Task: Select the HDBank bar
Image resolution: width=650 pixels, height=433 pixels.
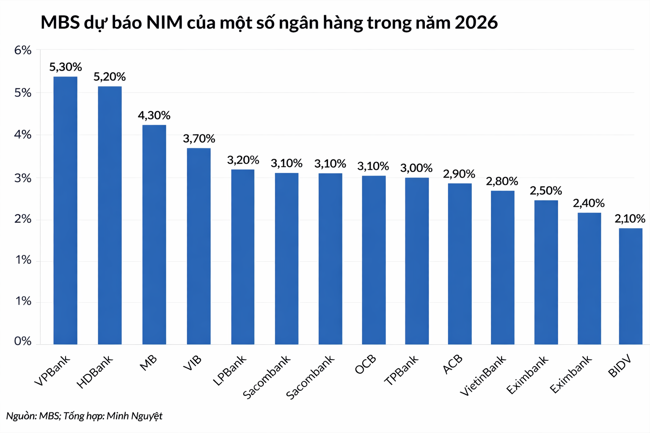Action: point(110,215)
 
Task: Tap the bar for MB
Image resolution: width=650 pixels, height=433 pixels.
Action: point(154,234)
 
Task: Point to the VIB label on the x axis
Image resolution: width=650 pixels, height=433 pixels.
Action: point(193,363)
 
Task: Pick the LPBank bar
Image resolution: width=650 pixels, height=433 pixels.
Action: point(242,257)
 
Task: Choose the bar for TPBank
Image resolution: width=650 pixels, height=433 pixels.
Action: point(417,261)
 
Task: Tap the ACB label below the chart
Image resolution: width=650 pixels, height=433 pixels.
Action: point(453,364)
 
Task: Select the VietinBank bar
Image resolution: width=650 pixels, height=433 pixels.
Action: point(503,267)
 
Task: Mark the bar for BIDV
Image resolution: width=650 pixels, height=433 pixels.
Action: point(631,286)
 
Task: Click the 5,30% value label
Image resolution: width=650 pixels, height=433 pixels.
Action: point(66,67)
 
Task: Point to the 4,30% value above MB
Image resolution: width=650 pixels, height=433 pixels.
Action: point(154,115)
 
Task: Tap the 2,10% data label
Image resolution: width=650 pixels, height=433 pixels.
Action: point(630,219)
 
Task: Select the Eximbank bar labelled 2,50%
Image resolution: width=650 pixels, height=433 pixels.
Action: point(546,272)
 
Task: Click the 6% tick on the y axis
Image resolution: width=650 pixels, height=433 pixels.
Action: point(23,50)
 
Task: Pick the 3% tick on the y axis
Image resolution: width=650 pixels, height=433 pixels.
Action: point(23,178)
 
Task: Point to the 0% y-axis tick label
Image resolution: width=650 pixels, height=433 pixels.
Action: point(23,341)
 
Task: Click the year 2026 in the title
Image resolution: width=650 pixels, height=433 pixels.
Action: point(476,22)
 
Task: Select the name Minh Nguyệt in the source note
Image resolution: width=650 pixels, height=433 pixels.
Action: point(135,416)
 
